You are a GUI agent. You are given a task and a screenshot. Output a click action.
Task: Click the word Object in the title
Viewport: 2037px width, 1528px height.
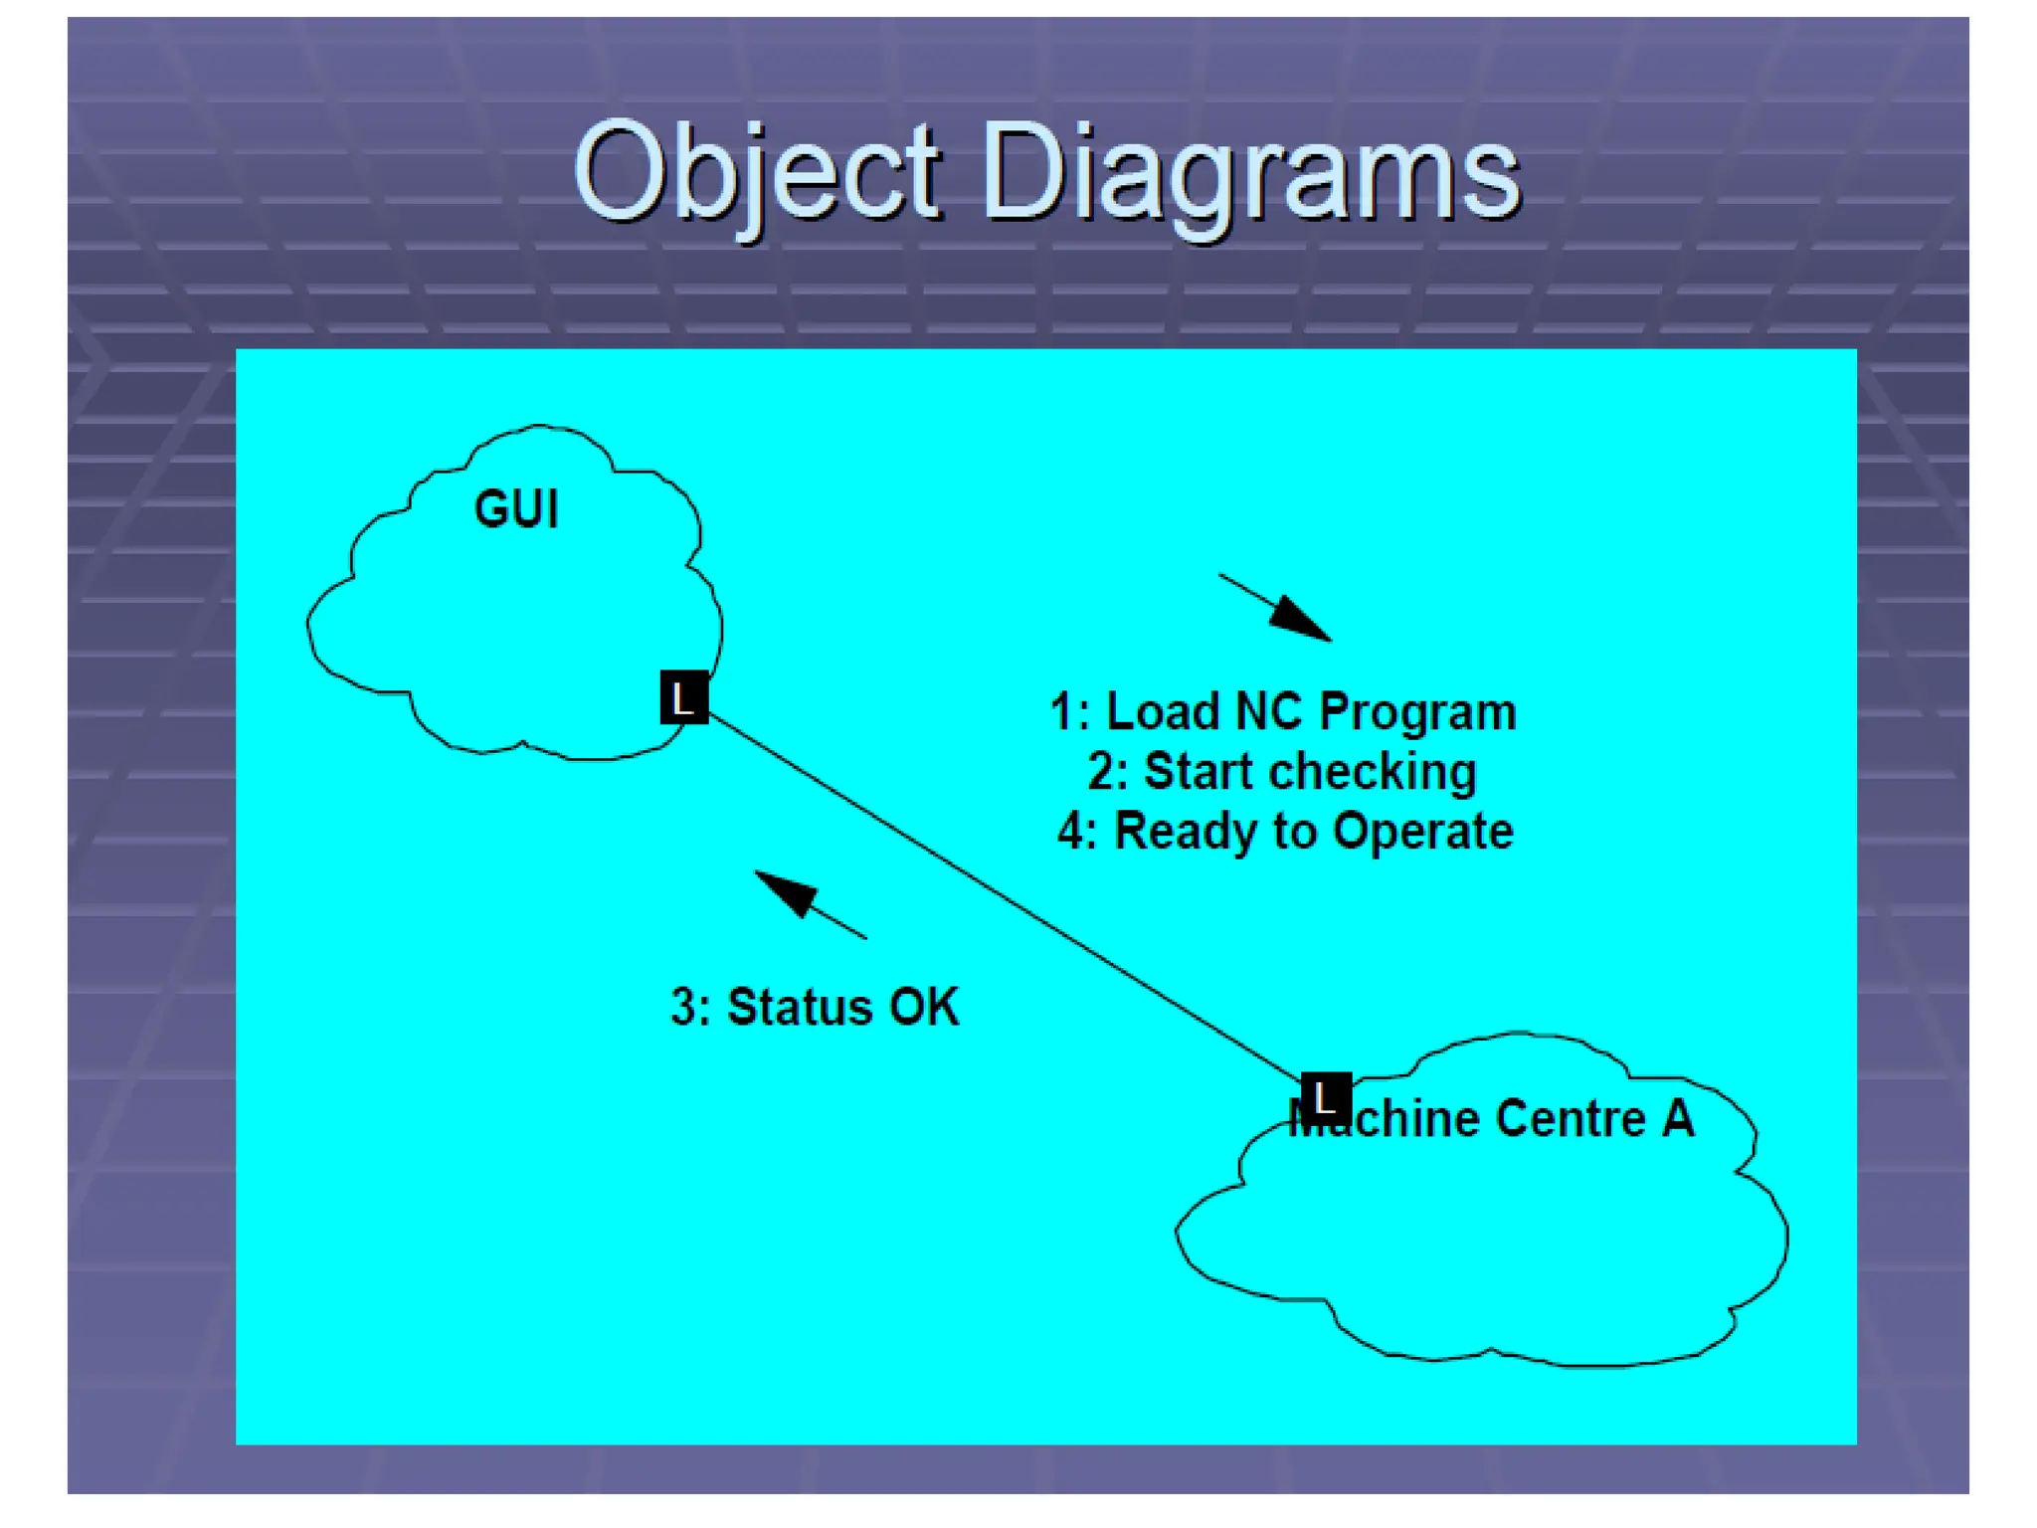756,175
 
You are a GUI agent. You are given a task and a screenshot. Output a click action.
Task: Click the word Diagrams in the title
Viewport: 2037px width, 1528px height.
1251,175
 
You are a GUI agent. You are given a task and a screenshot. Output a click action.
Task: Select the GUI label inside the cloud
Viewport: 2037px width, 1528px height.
516,509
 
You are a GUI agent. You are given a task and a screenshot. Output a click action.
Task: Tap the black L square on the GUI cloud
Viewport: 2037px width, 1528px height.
684,697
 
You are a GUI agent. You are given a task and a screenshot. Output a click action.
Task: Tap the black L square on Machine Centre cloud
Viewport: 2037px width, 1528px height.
1326,1098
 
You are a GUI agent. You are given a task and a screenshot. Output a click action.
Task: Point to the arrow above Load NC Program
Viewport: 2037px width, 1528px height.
1277,608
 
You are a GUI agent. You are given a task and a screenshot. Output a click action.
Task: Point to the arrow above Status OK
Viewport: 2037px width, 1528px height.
809,903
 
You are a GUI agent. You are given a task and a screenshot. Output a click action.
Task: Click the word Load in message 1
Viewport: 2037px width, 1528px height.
1163,712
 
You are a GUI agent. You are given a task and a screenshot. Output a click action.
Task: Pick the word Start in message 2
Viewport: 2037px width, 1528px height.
1201,772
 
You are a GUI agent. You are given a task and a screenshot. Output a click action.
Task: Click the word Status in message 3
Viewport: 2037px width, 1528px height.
801,1007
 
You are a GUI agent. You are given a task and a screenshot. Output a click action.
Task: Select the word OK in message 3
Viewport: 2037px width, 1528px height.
924,1007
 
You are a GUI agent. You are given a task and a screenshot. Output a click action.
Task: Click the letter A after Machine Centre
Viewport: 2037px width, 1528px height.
1679,1118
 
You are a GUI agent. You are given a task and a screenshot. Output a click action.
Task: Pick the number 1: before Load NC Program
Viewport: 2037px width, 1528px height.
1070,712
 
